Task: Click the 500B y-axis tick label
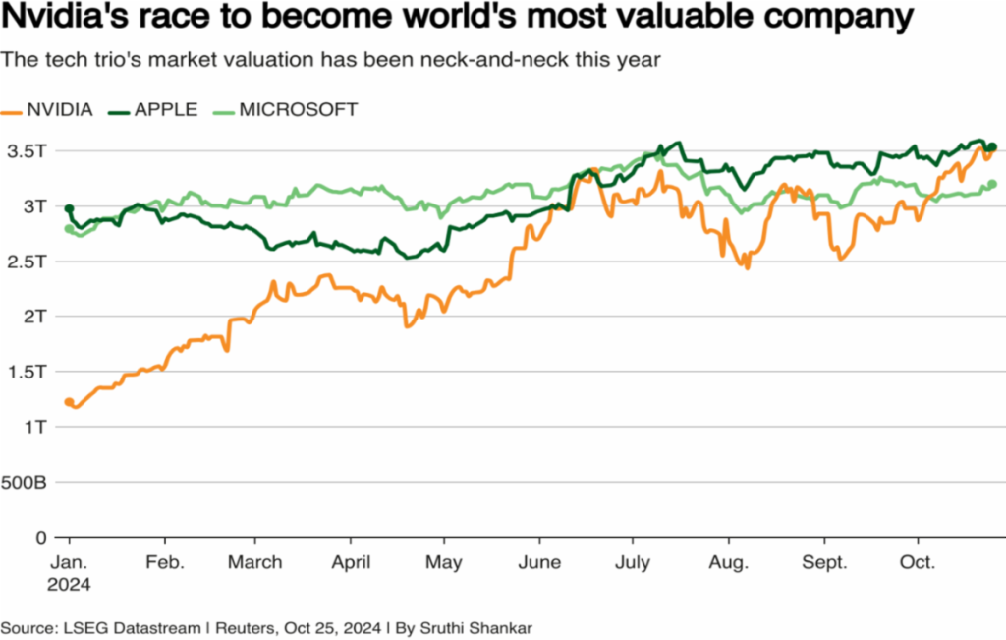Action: point(25,483)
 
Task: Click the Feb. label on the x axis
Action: point(164,563)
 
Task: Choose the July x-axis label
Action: point(633,563)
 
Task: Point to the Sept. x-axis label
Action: point(825,563)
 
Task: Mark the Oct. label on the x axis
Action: point(918,563)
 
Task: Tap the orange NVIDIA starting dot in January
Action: point(69,402)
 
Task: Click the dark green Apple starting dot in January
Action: point(69,208)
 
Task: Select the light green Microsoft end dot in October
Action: point(992,184)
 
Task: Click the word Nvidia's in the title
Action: point(70,19)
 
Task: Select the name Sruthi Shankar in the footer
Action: point(475,626)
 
